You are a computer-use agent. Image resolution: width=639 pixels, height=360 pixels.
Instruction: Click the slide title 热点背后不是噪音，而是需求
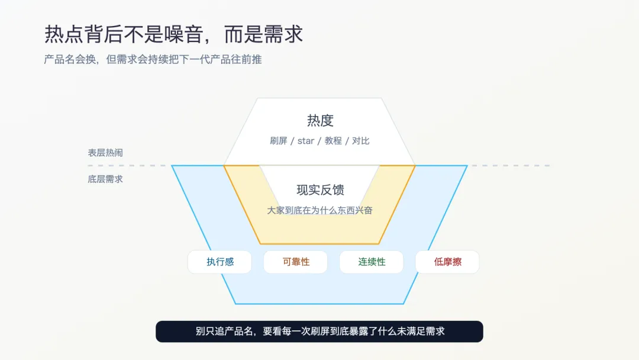[173, 34]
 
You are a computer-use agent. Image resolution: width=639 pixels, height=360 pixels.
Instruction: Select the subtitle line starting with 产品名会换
[153, 60]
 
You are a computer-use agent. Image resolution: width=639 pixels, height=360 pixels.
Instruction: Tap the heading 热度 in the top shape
[320, 121]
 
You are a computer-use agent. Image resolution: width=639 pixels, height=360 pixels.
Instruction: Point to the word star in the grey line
[306, 141]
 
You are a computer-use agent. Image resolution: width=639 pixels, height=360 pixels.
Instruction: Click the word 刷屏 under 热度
[279, 141]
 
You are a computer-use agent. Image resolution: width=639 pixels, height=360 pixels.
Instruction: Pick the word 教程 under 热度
[333, 141]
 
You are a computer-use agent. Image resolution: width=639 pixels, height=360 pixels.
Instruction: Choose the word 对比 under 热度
[361, 141]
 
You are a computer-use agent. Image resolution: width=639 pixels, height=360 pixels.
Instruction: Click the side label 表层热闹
[105, 153]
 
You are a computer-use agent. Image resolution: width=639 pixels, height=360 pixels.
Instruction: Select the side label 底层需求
[105, 179]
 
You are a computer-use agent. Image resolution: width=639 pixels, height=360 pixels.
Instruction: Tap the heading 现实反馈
[320, 190]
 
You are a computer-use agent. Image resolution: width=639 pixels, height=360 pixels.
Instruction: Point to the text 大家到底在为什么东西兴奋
[320, 210]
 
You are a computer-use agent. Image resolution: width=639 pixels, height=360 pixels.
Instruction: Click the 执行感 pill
[220, 262]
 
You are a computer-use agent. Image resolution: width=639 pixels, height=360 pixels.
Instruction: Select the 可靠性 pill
[296, 262]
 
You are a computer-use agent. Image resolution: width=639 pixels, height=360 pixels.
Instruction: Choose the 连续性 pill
[372, 262]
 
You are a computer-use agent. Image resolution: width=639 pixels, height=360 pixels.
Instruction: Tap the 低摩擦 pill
[447, 262]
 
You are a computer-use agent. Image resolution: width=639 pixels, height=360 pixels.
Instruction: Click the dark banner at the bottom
[319, 332]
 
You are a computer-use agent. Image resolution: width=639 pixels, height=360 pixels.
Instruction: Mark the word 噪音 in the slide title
[187, 34]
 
